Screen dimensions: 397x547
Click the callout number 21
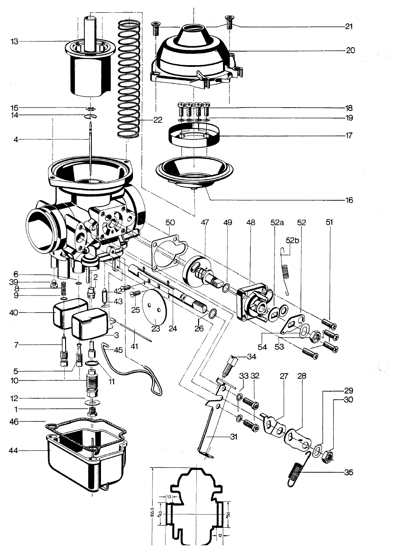tap(349, 26)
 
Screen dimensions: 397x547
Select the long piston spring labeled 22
tap(129, 79)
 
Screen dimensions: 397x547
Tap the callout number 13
tap(14, 42)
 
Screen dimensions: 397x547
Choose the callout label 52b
tap(292, 240)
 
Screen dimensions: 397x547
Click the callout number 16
tap(349, 200)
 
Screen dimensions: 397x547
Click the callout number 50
tap(170, 223)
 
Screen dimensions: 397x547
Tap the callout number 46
tap(14, 422)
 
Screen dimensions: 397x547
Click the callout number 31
tap(233, 436)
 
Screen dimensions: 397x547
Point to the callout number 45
tap(118, 350)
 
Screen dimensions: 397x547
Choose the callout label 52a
tap(277, 223)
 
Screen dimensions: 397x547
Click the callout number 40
tap(14, 313)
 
